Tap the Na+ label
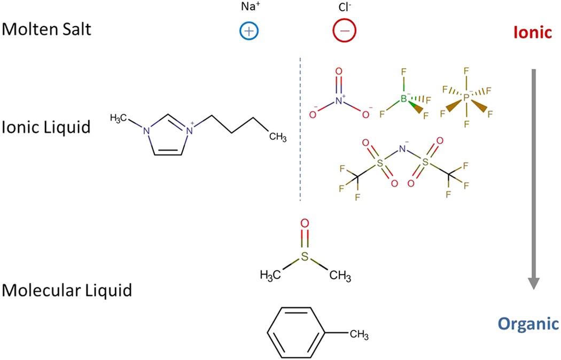click(x=248, y=9)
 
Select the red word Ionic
click(x=532, y=33)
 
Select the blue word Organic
click(x=528, y=324)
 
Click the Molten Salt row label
click(x=46, y=29)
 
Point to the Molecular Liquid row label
click(x=67, y=291)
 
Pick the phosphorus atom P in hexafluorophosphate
click(x=466, y=98)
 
